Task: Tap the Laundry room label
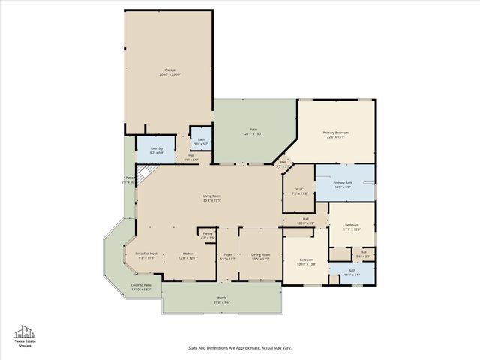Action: (157, 150)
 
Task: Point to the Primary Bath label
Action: (343, 184)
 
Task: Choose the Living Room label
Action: (211, 198)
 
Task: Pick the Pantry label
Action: (208, 235)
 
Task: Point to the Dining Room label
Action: (259, 256)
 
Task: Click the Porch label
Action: (222, 299)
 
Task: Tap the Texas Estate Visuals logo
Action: (25, 337)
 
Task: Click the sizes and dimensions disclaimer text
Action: (240, 347)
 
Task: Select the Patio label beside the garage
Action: (254, 132)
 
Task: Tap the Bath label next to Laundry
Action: (201, 140)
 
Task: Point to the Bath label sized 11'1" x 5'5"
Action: (352, 273)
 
